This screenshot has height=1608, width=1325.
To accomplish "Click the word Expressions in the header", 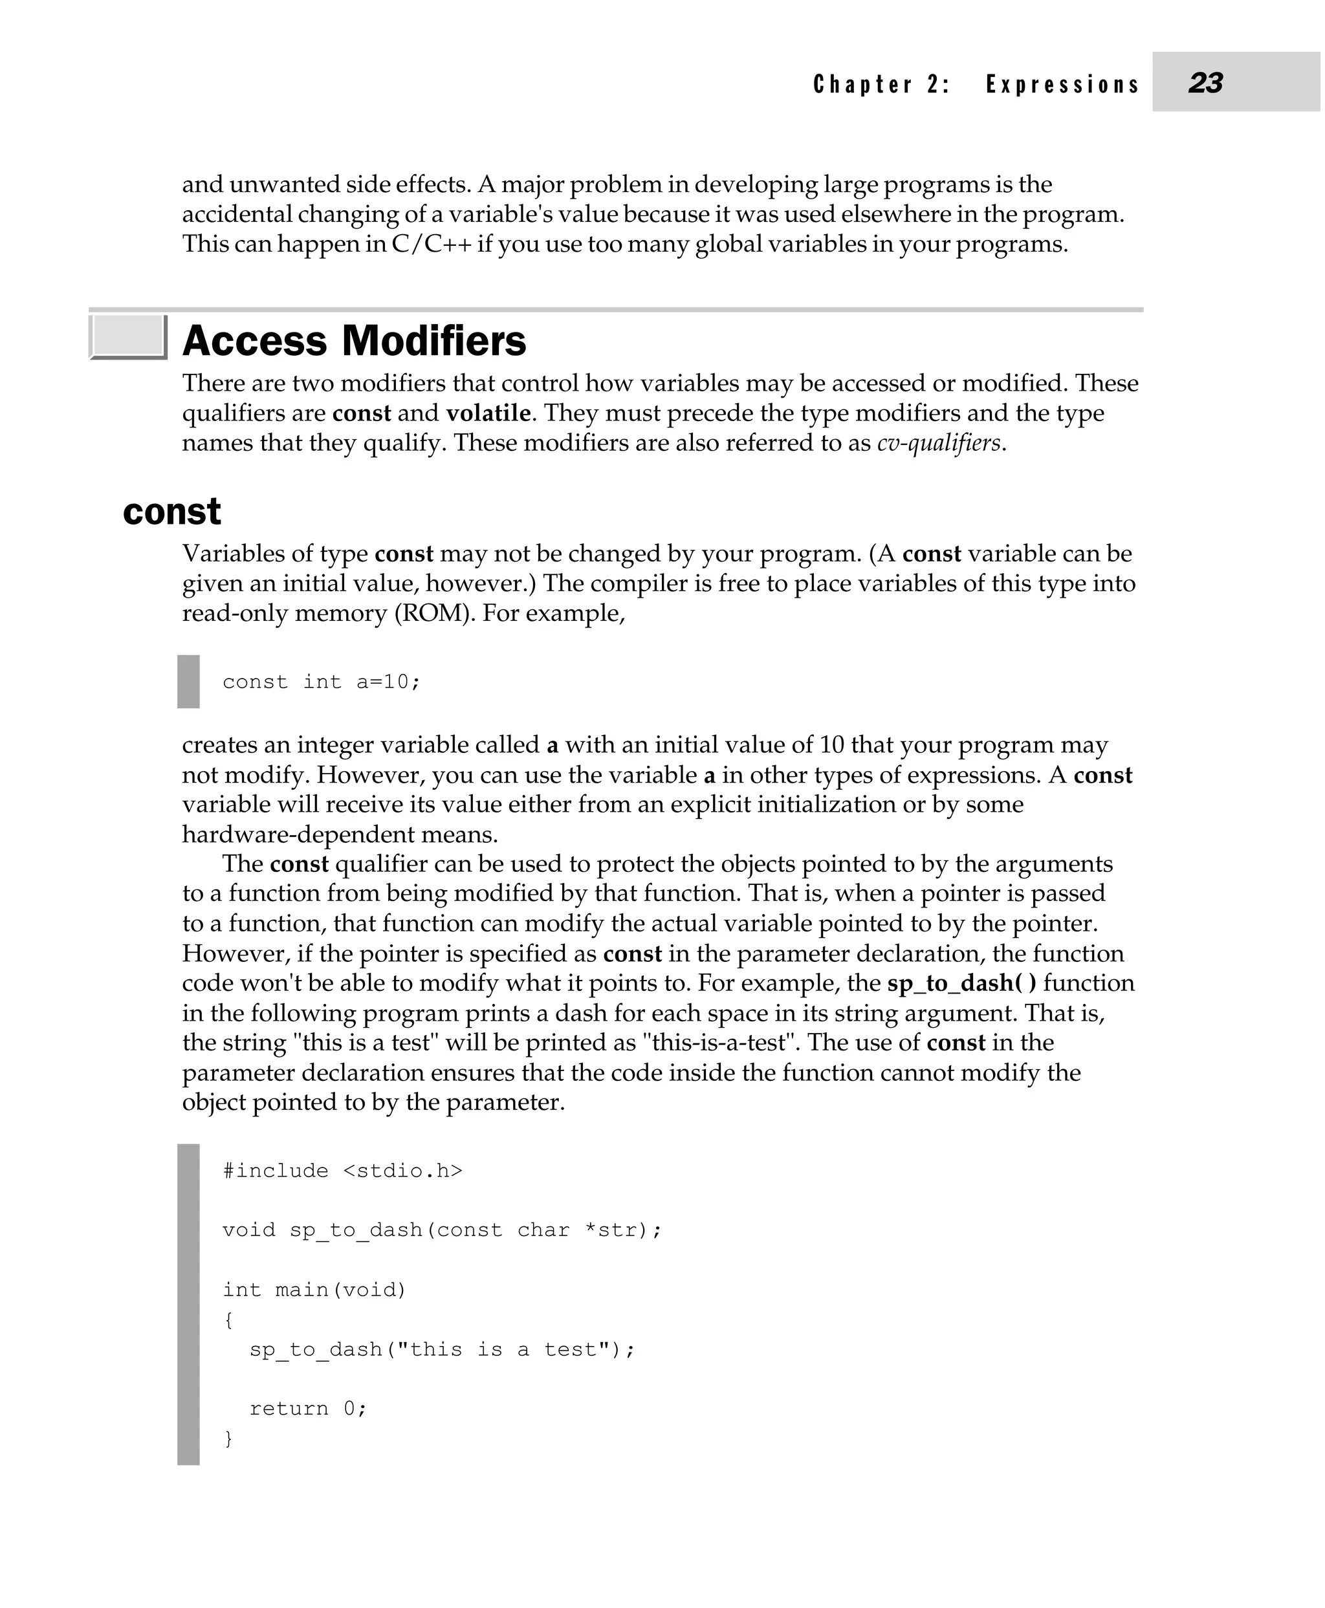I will coord(1062,84).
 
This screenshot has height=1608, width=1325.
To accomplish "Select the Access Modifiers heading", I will coord(354,340).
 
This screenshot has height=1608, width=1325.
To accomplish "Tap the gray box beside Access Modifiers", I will coord(127,336).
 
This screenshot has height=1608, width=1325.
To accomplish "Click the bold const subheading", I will coord(171,512).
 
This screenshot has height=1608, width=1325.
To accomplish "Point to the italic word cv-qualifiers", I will coord(938,442).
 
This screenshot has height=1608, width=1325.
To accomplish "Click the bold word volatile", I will coord(488,413).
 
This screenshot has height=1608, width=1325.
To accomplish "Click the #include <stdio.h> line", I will coord(343,1171).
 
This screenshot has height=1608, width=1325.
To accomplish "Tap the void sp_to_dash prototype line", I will coord(442,1230).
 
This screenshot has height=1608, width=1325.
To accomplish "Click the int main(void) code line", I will coord(314,1290).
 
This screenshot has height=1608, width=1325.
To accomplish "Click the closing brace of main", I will coord(228,1438).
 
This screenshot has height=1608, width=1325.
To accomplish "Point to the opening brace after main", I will coord(228,1320).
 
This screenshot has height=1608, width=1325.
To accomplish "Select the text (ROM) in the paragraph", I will coord(432,613).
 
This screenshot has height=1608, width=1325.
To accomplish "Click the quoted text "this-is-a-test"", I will coord(721,1043).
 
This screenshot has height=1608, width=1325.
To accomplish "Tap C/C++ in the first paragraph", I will coord(432,244).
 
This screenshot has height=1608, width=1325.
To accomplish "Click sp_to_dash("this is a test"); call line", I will coord(442,1349).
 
